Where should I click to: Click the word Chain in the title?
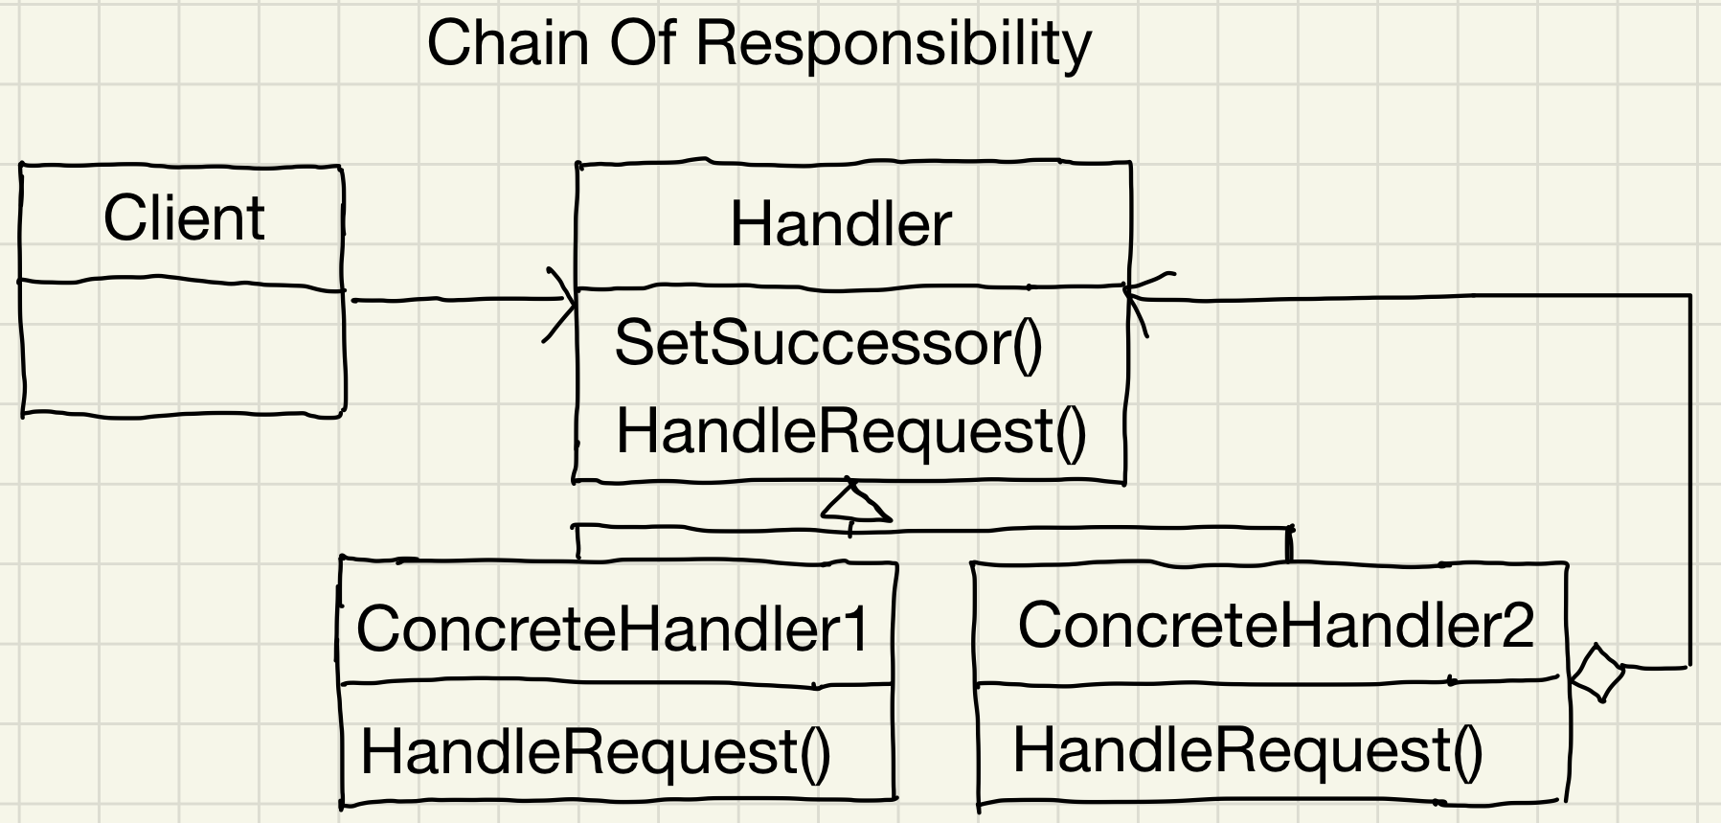click(507, 43)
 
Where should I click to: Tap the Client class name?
click(183, 218)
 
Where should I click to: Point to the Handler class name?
click(840, 225)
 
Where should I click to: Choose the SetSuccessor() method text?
click(827, 343)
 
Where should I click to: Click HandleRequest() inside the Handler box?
click(850, 431)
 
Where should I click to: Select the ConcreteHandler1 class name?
click(611, 629)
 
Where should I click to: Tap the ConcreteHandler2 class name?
click(1275, 625)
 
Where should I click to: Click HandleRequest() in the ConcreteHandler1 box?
click(595, 751)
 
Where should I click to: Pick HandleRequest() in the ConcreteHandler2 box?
click(1247, 749)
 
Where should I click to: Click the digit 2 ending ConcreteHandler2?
click(1515, 625)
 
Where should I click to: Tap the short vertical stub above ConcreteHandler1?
click(577, 541)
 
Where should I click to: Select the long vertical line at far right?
click(1689, 479)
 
